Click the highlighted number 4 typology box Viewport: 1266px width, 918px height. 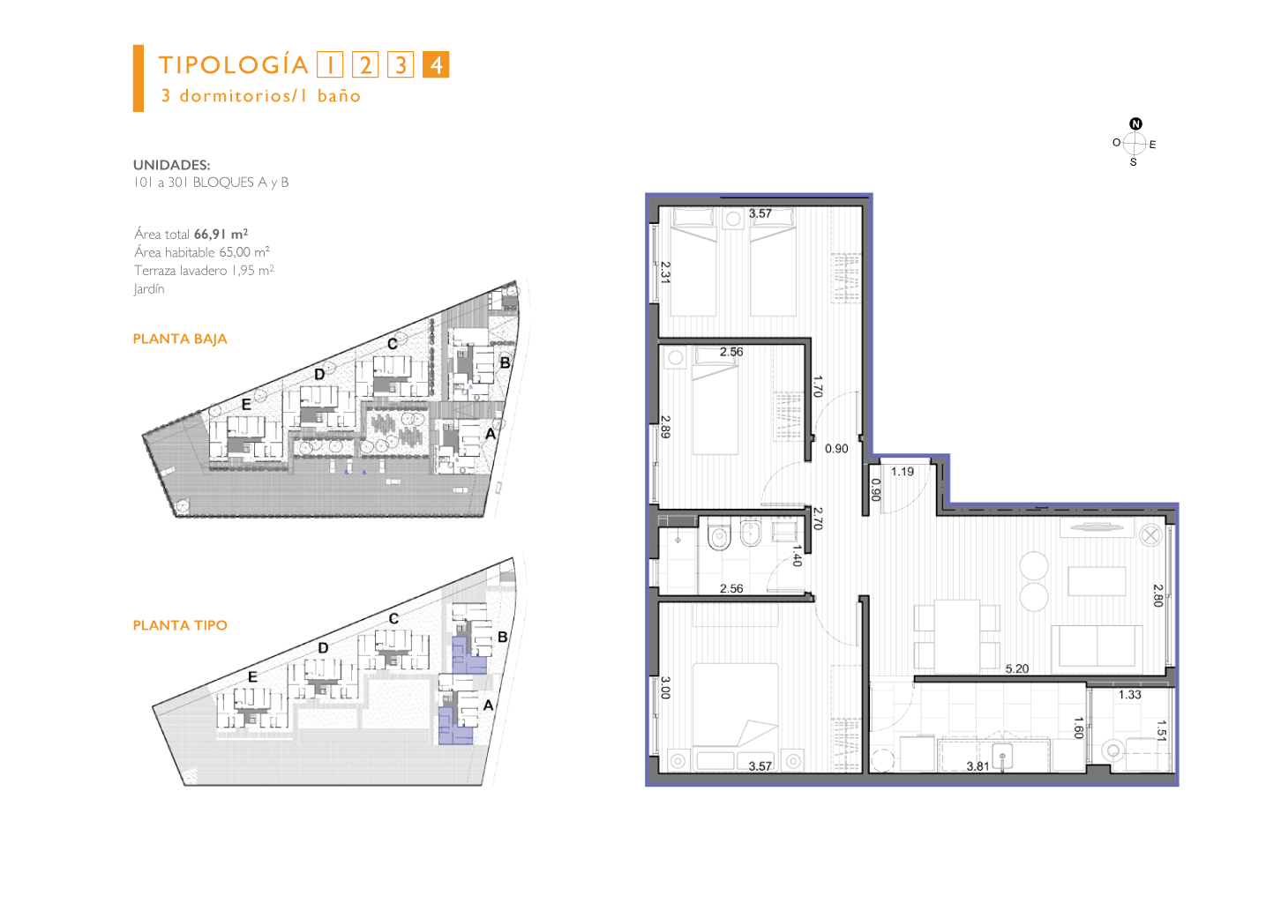pyautogui.click(x=436, y=64)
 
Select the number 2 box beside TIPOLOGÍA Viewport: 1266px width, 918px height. pyautogui.click(x=365, y=64)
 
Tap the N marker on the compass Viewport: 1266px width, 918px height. pyautogui.click(x=1135, y=123)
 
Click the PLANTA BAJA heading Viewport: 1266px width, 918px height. pyautogui.click(x=180, y=339)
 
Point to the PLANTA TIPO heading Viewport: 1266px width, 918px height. pyautogui.click(x=180, y=625)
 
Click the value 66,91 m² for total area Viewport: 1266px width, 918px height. pyautogui.click(x=221, y=234)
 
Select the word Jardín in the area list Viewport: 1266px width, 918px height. pyautogui.click(x=149, y=288)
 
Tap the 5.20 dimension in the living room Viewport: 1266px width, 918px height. pyautogui.click(x=1016, y=668)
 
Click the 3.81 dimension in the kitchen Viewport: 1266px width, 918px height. pyautogui.click(x=978, y=766)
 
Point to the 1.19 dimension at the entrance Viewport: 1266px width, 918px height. pyautogui.click(x=902, y=472)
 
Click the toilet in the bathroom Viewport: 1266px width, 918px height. pyautogui.click(x=719, y=536)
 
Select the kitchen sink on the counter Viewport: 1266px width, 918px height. pyautogui.click(x=1002, y=756)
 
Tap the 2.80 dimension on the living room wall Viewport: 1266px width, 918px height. pyautogui.click(x=1158, y=595)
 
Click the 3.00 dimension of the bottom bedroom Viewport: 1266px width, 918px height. pyautogui.click(x=665, y=688)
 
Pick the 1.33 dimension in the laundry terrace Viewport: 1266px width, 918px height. pyautogui.click(x=1130, y=695)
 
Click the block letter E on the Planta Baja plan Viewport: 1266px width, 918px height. pyautogui.click(x=246, y=405)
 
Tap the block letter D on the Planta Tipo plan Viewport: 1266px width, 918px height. pyautogui.click(x=323, y=648)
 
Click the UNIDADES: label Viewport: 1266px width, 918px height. pyautogui.click(x=172, y=165)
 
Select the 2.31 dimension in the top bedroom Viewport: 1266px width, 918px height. pyautogui.click(x=665, y=272)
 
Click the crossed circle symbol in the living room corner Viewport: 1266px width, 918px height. pyautogui.click(x=1150, y=534)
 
